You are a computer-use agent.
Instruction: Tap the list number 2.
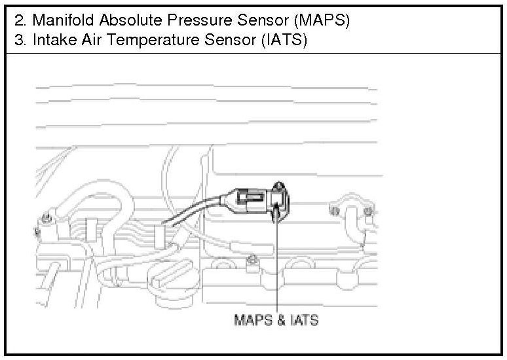click(x=18, y=20)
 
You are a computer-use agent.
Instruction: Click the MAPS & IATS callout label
click(x=276, y=320)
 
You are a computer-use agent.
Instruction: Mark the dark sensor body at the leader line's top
click(x=278, y=203)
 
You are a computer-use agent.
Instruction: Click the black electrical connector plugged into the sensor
click(x=249, y=198)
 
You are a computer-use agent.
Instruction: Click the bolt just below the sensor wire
click(x=251, y=262)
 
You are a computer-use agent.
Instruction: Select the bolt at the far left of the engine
click(x=46, y=219)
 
